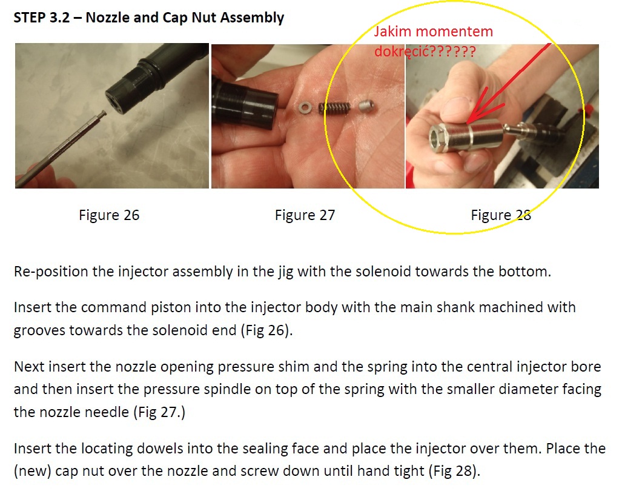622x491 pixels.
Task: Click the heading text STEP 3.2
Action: pos(42,18)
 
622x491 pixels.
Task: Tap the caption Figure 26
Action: pos(109,215)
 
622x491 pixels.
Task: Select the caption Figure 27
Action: pos(305,215)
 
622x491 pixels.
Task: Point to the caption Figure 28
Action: pos(501,215)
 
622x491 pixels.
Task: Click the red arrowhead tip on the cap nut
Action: pos(468,122)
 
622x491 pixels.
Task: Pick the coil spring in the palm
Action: pos(334,108)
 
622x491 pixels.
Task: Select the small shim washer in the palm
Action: pos(304,107)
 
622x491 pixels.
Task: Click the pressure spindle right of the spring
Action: pos(367,106)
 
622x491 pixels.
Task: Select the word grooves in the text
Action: pos(39,330)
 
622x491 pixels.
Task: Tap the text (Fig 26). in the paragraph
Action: pos(266,330)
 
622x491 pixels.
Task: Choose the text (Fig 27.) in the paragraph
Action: pos(159,412)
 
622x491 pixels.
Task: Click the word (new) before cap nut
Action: pos(33,471)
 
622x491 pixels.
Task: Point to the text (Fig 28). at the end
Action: pos(455,471)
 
